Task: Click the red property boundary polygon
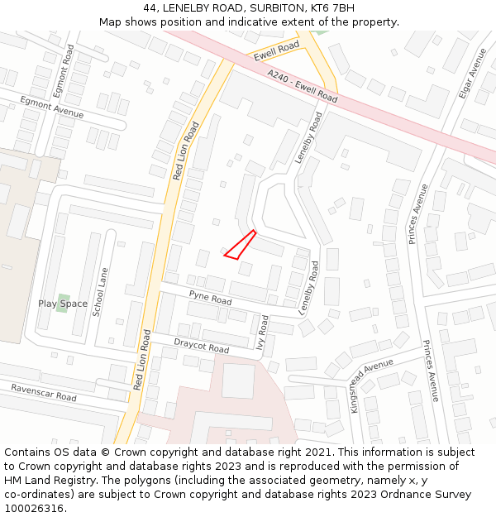(x=241, y=247)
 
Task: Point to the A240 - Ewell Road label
(x=302, y=86)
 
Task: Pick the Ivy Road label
(x=264, y=333)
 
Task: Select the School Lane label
(x=99, y=292)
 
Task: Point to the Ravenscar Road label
(x=43, y=392)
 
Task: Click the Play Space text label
(x=62, y=304)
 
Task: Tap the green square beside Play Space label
(x=63, y=299)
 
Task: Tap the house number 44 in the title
(x=150, y=8)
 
